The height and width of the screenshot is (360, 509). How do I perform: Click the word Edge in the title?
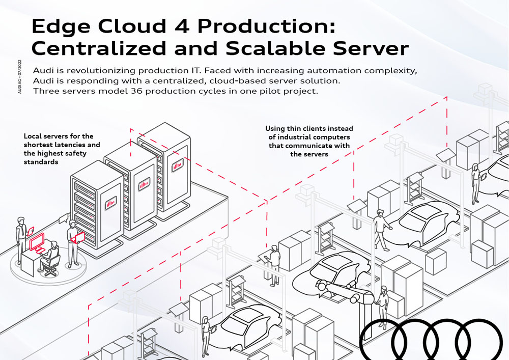pyautogui.click(x=60, y=26)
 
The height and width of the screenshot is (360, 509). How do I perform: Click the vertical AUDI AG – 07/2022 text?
pyautogui.click(x=20, y=77)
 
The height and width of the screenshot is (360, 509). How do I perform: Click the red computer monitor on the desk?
pyautogui.click(x=37, y=243)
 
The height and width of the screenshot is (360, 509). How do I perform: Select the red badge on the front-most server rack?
pyautogui.click(x=110, y=204)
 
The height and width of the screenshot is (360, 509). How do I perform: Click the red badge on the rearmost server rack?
pyautogui.click(x=177, y=166)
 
